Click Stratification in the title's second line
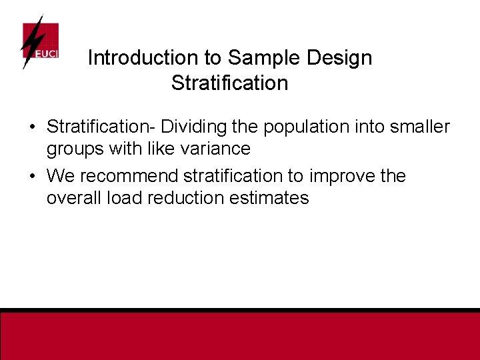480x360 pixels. click(229, 83)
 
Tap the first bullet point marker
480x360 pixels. click(31, 127)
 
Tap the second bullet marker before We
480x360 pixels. click(31, 177)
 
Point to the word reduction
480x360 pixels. click(181, 198)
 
